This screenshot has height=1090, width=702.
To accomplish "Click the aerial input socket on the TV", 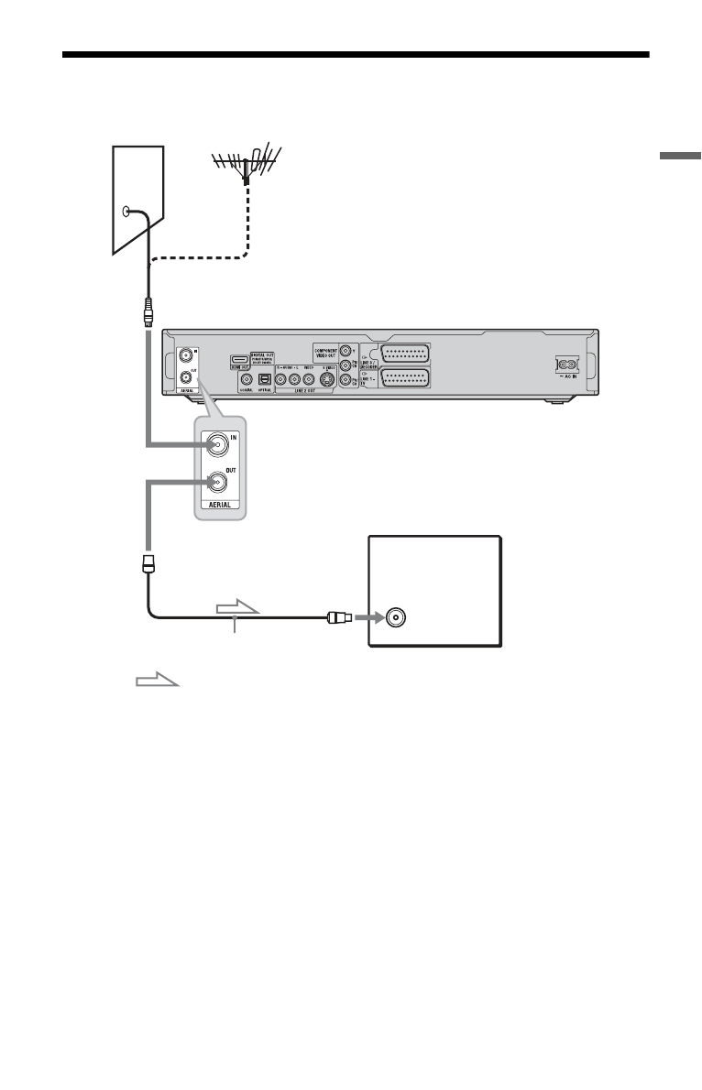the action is pyautogui.click(x=395, y=616).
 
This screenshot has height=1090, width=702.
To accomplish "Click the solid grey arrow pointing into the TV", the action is pyautogui.click(x=368, y=617).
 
